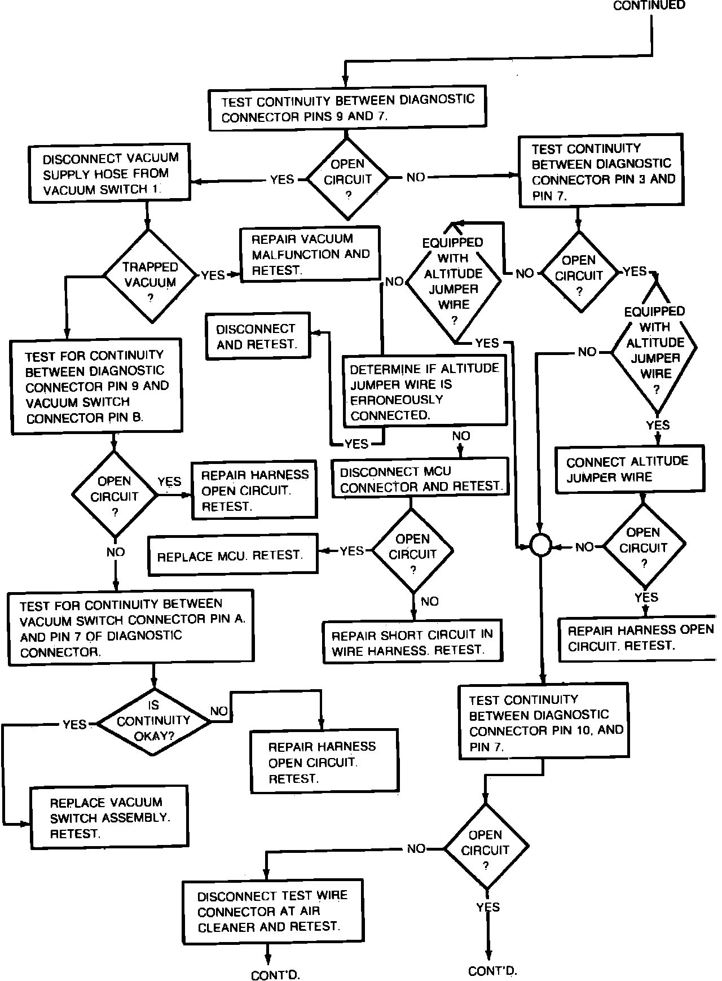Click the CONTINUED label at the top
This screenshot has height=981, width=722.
pos(649,6)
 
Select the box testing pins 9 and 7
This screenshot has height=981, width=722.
pos(347,108)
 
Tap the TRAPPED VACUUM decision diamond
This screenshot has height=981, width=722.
pos(150,275)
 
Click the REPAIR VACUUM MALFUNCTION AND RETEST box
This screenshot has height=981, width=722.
pos(310,254)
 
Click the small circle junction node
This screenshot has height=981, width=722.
pos(540,546)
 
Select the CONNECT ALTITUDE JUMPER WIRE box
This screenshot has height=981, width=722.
pos(629,469)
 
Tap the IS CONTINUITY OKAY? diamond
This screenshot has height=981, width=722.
pos(153,721)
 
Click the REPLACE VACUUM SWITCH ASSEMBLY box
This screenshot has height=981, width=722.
pos(109,817)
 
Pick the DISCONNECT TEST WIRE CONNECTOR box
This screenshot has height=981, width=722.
pos(273,911)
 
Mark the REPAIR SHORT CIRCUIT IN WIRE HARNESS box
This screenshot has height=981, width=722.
pos(412,642)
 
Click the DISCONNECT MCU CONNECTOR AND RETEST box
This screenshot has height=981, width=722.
pos(420,479)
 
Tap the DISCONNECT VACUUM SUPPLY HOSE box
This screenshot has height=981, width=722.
pos(109,173)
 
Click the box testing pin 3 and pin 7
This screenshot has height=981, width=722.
pos(600,172)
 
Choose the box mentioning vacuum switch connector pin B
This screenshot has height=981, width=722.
pos(96,387)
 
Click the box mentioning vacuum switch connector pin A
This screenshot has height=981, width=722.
pos(130,627)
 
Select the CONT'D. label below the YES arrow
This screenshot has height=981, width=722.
pos(492,971)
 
